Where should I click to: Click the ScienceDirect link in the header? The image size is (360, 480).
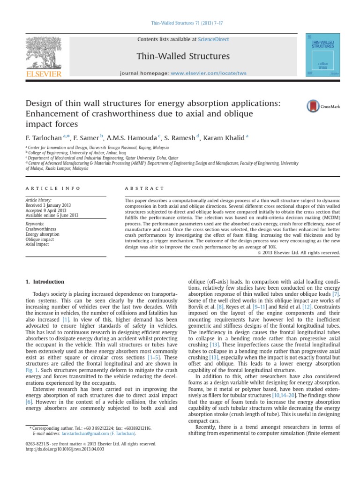tap(214, 39)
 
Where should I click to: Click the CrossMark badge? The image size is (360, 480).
tap(323, 106)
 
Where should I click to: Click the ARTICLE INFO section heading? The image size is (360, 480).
tap(52, 188)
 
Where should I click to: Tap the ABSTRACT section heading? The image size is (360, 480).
tap(144, 188)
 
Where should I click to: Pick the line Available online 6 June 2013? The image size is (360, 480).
tap(52, 216)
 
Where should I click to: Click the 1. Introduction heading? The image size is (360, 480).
tap(44, 282)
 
